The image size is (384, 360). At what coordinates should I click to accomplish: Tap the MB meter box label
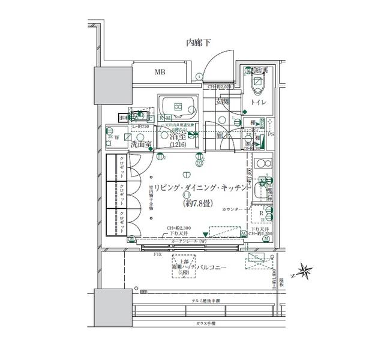click(x=160, y=73)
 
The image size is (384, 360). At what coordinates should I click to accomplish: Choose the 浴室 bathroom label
click(x=177, y=137)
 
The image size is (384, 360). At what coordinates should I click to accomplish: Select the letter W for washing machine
click(x=118, y=137)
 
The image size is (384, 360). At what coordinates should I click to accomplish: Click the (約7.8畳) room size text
click(x=199, y=203)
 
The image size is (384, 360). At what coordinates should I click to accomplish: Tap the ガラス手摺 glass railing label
click(x=206, y=323)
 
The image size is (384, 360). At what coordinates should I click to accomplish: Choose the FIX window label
click(x=158, y=254)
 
